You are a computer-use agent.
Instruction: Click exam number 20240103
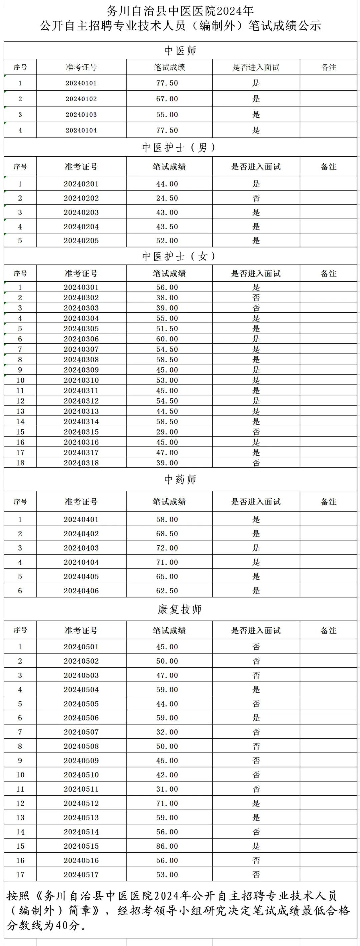point(81,114)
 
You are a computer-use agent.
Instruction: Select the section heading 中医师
point(180,50)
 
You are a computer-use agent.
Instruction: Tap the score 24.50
point(167,198)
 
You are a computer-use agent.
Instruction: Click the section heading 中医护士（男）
point(180,147)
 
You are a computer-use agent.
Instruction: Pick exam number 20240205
point(81,241)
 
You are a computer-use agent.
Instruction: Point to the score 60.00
point(167,339)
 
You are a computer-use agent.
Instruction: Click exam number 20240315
point(81,432)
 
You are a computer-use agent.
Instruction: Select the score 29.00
point(167,432)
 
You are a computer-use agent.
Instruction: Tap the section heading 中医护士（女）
point(180,256)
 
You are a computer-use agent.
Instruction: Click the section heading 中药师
point(180,479)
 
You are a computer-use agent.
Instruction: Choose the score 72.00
point(167,548)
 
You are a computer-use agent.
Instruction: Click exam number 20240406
point(81,591)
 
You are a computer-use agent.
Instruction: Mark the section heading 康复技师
point(180,609)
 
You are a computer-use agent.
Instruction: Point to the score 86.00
point(167,846)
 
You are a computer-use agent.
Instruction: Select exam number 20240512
point(81,803)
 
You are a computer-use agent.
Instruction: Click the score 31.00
point(167,789)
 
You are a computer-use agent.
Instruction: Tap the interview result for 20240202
point(256,198)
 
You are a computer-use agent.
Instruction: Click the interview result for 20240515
point(256,846)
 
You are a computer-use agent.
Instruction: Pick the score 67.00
point(167,98)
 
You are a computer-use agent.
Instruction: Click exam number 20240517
point(81,875)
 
